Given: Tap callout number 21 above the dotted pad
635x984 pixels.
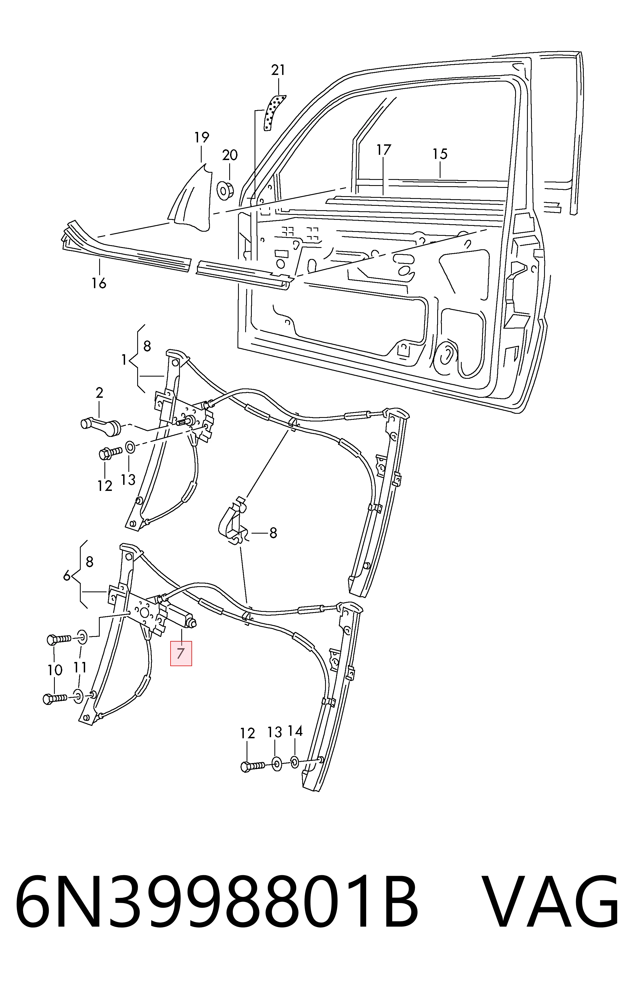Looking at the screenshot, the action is [x=278, y=71].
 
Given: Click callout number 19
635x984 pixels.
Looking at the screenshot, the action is [x=202, y=137].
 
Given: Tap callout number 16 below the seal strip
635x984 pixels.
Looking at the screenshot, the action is [x=99, y=283].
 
